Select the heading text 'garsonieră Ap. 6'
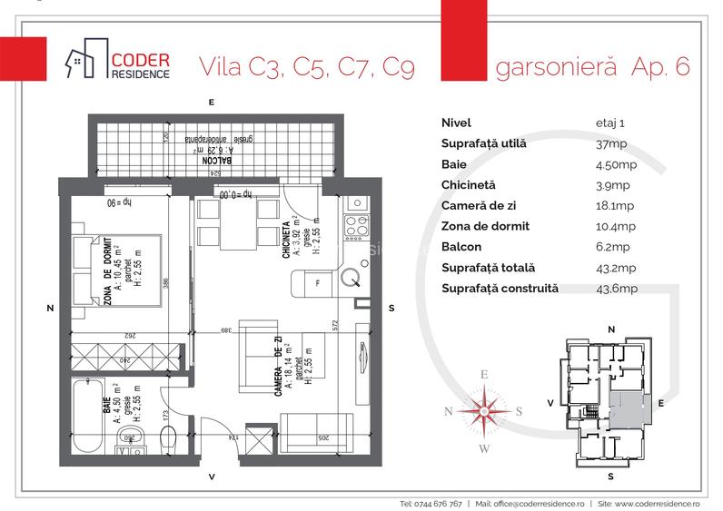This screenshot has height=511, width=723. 591,68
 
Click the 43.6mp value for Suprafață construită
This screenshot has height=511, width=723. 603,289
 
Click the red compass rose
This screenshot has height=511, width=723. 484,411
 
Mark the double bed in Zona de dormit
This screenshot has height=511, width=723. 116,274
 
